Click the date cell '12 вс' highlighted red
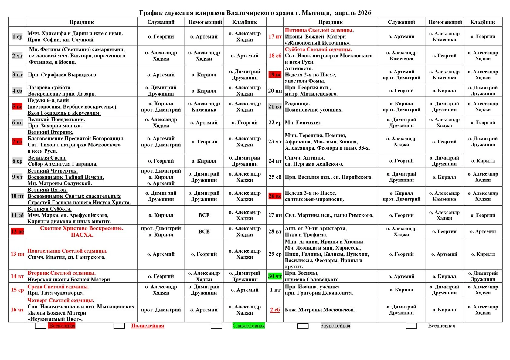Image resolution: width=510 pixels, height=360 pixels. click(17, 231)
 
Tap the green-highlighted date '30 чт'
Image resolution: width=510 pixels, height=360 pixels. click(275, 276)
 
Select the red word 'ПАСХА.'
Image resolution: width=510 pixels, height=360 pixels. click(82, 235)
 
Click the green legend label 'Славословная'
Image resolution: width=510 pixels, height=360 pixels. click(249, 326)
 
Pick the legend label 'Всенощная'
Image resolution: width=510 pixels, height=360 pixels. click(62, 326)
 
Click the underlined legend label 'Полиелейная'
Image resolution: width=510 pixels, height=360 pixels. click(148, 326)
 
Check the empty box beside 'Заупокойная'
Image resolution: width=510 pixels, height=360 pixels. click(303, 326)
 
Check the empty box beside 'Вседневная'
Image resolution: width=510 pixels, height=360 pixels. click(411, 326)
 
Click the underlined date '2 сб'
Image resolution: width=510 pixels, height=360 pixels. click(275, 310)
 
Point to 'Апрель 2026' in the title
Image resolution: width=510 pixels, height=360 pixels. click(353, 13)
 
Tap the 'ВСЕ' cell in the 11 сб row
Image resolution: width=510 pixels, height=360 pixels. click(204, 215)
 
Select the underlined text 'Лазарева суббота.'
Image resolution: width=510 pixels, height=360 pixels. click(50, 88)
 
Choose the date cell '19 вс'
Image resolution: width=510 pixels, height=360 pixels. click(275, 75)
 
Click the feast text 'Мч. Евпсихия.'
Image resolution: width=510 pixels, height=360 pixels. click(303, 123)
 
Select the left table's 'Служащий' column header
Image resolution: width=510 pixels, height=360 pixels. click(161, 22)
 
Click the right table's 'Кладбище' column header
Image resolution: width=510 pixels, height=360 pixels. click(483, 22)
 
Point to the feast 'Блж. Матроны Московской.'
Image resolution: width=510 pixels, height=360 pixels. click(320, 310)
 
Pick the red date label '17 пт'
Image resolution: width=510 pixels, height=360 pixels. click(275, 36)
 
